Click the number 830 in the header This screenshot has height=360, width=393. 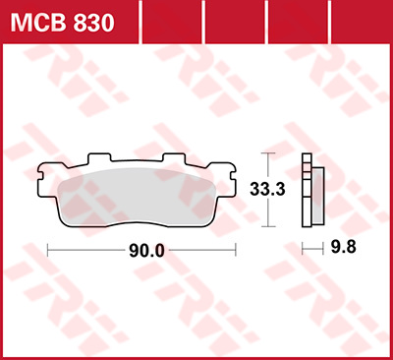pyautogui.click(x=93, y=23)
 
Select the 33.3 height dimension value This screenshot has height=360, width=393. pyautogui.click(x=267, y=189)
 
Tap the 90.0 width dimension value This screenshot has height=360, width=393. pyautogui.click(x=146, y=251)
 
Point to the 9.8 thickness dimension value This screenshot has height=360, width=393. pyautogui.click(x=343, y=247)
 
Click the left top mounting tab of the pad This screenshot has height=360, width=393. pyautogui.click(x=99, y=157)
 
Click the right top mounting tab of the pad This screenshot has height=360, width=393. pyautogui.click(x=174, y=157)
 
